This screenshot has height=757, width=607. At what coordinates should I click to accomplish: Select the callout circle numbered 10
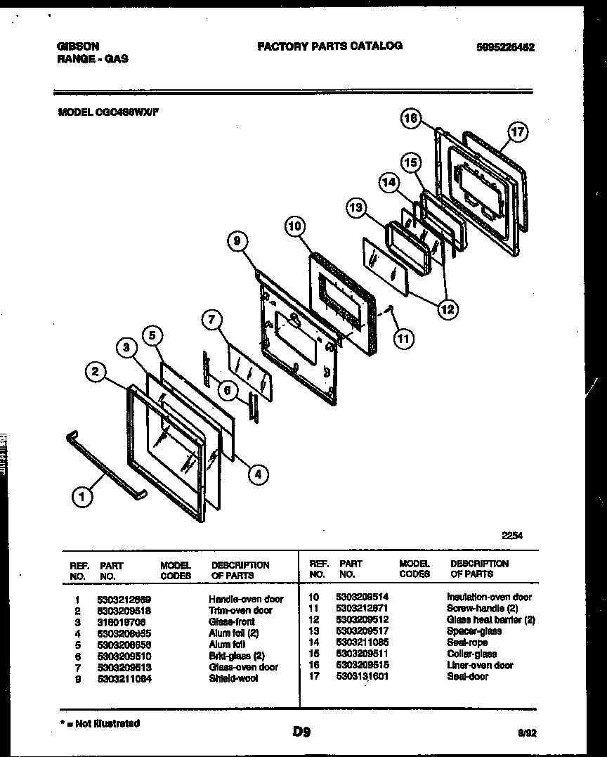point(296,226)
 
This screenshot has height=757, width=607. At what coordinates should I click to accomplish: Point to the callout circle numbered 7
point(211,320)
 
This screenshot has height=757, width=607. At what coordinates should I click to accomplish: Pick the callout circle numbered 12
point(447,308)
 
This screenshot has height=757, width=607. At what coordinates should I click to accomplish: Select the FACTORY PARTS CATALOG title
point(329,46)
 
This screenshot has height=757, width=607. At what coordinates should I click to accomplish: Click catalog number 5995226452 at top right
point(505,47)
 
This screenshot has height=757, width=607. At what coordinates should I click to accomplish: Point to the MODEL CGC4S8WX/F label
point(107,110)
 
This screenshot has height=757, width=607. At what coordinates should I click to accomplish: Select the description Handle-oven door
point(246,599)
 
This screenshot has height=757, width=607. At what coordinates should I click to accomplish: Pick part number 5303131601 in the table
point(363,676)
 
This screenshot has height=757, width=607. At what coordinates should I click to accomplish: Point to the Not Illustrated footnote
point(100,723)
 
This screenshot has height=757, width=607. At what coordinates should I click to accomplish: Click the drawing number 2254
point(511,535)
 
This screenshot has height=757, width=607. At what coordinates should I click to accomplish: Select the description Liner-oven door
point(480,665)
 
